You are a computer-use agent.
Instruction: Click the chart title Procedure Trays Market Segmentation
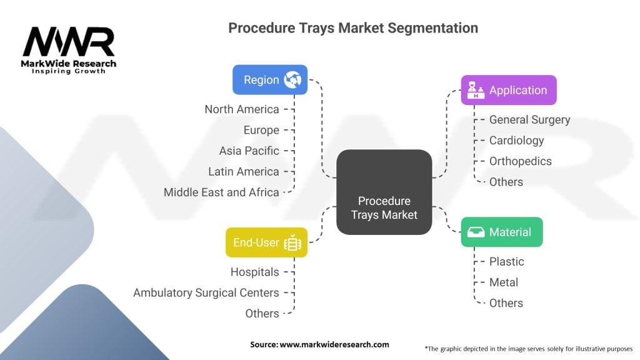click(353, 28)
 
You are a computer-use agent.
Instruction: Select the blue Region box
click(269, 79)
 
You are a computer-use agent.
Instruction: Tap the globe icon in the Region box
click(292, 79)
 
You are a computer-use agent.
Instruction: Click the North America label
click(242, 109)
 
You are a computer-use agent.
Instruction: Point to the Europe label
click(261, 130)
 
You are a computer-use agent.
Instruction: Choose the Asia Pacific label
click(249, 151)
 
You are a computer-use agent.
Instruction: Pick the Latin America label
click(244, 171)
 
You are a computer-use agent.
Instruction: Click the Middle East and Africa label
click(221, 192)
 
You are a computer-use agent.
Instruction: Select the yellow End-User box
click(266, 242)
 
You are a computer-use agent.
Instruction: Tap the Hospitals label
click(254, 272)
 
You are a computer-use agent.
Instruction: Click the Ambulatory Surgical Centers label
click(206, 292)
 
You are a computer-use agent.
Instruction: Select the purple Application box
click(508, 90)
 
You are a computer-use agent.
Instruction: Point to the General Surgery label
click(529, 119)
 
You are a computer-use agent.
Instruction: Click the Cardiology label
click(516, 140)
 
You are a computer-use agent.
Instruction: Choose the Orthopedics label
click(520, 161)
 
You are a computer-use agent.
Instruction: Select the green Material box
click(501, 232)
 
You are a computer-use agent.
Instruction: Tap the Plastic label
click(506, 261)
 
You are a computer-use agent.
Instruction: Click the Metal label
click(503, 282)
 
